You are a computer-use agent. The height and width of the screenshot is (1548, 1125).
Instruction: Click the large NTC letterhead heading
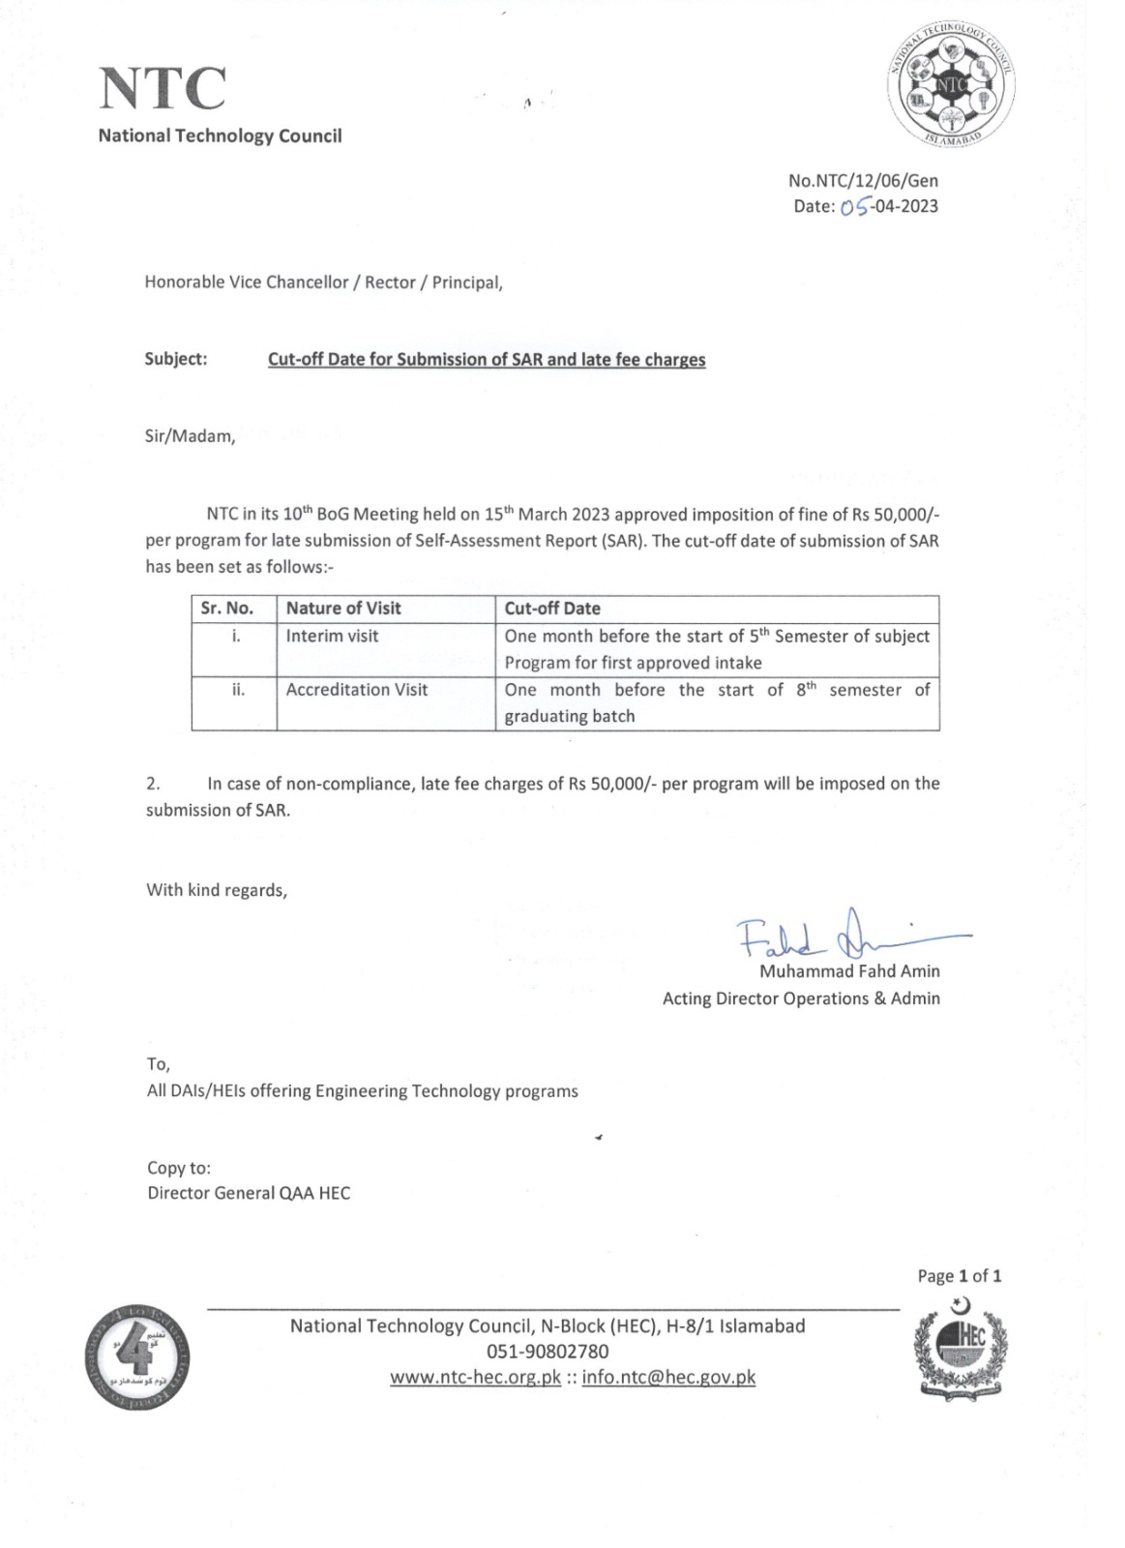point(163,88)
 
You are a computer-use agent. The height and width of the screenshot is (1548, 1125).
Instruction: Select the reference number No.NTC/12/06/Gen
point(863,180)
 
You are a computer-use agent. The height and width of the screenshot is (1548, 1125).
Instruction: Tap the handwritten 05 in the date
point(855,206)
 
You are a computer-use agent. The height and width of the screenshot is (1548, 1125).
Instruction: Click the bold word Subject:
point(176,359)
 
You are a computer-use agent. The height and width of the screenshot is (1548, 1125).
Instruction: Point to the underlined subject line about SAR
point(487,360)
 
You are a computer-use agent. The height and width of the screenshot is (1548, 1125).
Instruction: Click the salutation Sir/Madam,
point(191,435)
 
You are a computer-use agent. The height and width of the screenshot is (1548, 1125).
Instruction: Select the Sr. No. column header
point(227,609)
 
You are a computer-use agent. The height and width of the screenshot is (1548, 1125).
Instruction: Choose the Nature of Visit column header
point(343,609)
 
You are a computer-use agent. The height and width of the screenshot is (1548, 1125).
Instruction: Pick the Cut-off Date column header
point(552,609)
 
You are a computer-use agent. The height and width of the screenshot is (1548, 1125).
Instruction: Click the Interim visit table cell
point(332,636)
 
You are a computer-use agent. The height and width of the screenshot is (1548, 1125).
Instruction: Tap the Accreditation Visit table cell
point(357,690)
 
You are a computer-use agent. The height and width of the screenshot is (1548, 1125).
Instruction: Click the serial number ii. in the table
point(237,690)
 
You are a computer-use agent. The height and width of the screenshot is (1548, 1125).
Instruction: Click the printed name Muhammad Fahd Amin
point(849,971)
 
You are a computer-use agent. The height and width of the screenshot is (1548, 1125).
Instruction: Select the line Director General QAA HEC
point(249,1193)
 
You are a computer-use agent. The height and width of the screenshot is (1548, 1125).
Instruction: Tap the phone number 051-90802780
point(548,1352)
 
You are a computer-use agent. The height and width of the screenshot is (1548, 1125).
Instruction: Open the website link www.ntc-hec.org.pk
point(475,1378)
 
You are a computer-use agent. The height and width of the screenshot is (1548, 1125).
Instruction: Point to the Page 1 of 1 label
point(959,1276)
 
